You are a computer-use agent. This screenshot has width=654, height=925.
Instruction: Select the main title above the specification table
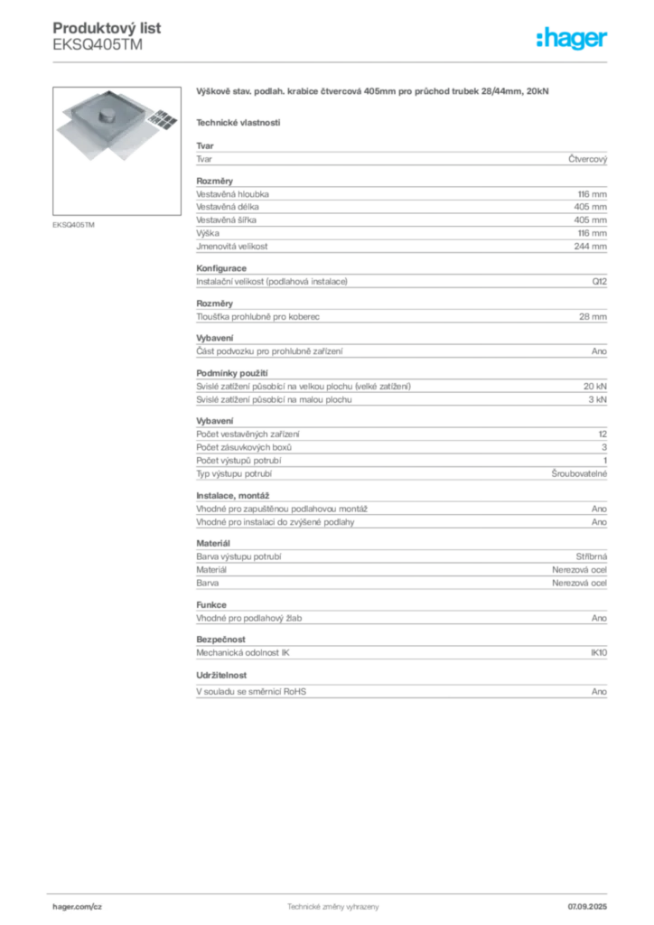370,93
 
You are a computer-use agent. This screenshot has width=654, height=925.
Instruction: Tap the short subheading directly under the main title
239,122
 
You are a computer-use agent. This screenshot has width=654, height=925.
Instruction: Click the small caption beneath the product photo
75,224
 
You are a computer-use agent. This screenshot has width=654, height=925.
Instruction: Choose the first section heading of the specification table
205,144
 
